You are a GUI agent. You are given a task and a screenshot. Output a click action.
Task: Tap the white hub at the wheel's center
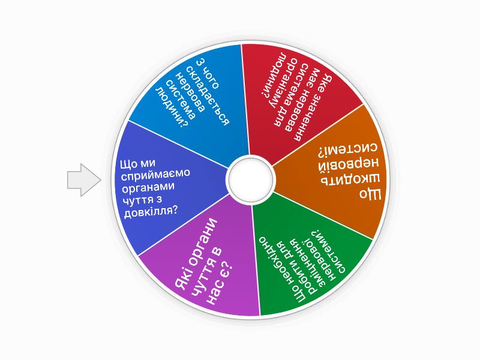pyautogui.click(x=250, y=179)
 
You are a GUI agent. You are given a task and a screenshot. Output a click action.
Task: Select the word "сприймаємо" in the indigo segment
pyautogui.click(x=155, y=175)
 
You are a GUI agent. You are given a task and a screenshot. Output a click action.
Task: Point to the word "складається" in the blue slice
pyautogui.click(x=208, y=95)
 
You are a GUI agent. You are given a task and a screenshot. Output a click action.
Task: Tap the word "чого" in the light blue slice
pyautogui.click(x=212, y=77)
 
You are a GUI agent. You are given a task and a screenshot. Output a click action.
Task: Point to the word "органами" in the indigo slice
pyautogui.click(x=148, y=187)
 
